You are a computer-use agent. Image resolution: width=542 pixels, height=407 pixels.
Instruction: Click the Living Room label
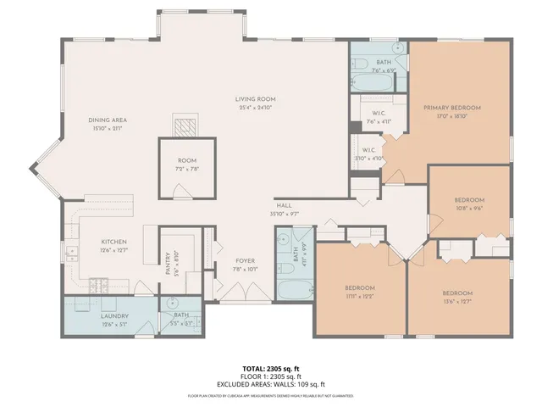(255, 100)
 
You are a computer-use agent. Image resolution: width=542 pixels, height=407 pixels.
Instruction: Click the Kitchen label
(113, 242)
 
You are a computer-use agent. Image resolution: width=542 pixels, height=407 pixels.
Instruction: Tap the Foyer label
(244, 262)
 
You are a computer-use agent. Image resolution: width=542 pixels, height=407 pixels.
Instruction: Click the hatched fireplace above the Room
(186, 126)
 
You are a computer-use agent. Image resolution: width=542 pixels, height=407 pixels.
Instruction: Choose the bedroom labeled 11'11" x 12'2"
(359, 288)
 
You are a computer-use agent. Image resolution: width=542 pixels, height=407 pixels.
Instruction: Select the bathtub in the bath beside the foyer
(296, 288)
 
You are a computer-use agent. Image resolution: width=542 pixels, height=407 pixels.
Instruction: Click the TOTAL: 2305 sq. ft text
(271, 369)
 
